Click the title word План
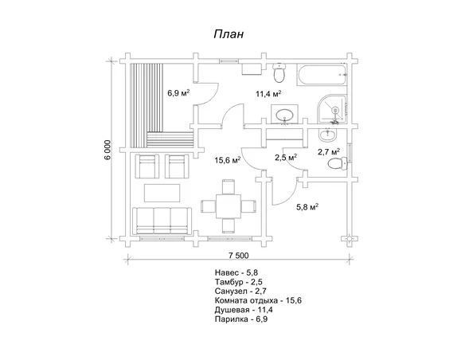pos(229,34)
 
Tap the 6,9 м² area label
pos(178,93)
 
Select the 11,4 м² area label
pos(268,94)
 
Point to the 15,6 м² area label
pos(228,160)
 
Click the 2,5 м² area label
pos(286,158)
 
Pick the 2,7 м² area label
pos(329,152)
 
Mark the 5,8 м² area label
pos(307,207)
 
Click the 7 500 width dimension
pos(238,256)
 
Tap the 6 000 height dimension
pos(108,150)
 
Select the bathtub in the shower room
pos(322,75)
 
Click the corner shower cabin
pos(332,109)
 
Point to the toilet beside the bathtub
pos(279,72)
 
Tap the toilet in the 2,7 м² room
pos(338,163)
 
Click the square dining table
pos(228,205)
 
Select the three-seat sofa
pos(162,221)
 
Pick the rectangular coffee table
pos(162,193)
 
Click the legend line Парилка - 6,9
pos(241,319)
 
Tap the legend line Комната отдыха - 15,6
pos(258,300)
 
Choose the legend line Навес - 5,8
pos(234,272)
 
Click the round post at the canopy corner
pos(350,239)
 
